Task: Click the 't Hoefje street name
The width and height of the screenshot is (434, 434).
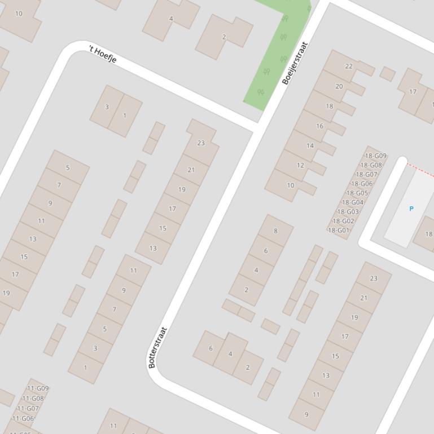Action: click(102, 55)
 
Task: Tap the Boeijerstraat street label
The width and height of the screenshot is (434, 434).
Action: click(295, 63)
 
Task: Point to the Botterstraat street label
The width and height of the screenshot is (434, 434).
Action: click(157, 348)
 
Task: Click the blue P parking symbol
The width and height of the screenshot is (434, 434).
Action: click(411, 209)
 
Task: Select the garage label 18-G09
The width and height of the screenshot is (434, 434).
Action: click(375, 156)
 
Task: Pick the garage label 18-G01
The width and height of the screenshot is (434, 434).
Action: click(339, 230)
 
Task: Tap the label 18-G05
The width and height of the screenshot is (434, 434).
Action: click(357, 193)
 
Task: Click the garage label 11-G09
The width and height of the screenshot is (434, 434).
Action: click(38, 388)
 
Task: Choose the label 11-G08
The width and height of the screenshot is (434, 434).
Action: click(33, 398)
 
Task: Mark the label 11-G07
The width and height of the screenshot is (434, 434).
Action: click(28, 409)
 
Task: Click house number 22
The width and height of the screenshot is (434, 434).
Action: click(349, 66)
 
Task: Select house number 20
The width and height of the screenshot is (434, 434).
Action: click(339, 86)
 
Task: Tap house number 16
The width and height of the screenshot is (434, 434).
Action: click(319, 126)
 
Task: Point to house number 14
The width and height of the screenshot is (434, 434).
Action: click(310, 145)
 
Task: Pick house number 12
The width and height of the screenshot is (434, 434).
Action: click(300, 165)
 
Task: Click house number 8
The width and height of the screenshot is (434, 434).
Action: click(275, 231)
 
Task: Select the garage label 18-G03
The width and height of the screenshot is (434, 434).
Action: click(348, 212)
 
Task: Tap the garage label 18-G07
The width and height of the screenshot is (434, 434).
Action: click(366, 175)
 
